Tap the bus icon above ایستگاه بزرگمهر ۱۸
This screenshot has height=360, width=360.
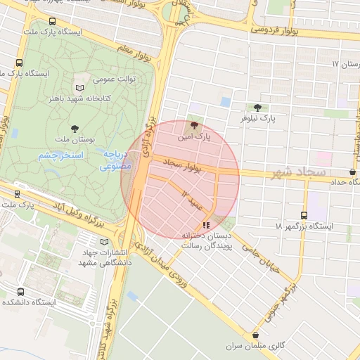pos(304,216)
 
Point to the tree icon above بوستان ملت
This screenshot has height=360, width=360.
pos(76,129)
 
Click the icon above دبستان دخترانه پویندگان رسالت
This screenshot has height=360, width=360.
pos(205,225)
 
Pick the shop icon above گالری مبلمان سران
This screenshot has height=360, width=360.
pos(256,335)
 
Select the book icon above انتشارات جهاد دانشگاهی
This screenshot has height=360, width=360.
pos(105,242)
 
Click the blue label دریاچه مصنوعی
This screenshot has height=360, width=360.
pos(113,160)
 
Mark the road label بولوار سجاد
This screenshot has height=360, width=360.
pos(182,166)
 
